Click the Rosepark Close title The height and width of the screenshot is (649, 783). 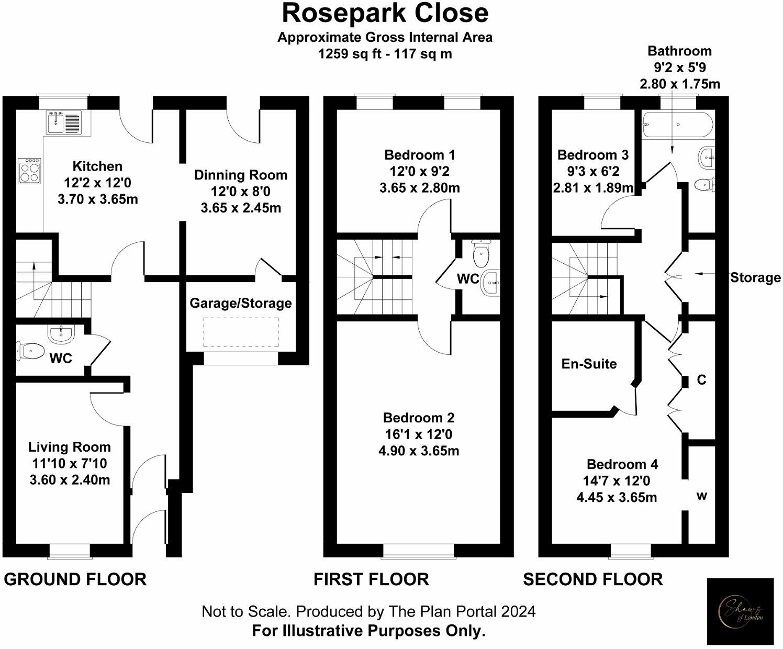[x=385, y=14]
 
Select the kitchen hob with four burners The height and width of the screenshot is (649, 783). [x=29, y=171]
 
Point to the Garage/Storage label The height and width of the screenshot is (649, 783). [x=240, y=303]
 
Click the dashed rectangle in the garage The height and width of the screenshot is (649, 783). [x=241, y=332]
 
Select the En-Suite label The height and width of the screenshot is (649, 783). [x=589, y=364]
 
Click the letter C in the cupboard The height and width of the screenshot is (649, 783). [x=701, y=379]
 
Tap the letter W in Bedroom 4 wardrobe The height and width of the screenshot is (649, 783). [x=702, y=496]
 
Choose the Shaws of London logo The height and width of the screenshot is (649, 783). [x=740, y=611]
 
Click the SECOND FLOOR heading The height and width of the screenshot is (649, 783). [x=592, y=579]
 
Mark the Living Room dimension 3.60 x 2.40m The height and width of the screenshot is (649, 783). [x=70, y=479]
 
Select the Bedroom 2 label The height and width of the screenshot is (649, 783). [x=419, y=418]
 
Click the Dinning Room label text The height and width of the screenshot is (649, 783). [x=241, y=175]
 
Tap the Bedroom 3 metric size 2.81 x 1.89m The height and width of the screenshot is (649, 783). [x=593, y=187]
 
